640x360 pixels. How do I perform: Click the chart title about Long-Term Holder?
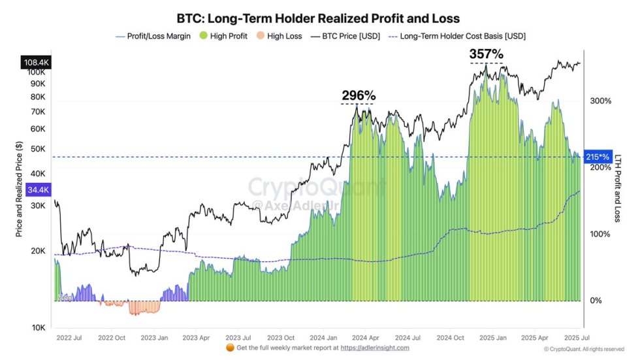tap(318, 18)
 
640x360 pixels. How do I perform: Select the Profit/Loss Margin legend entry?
tap(153, 36)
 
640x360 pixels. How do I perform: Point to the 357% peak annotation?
tap(487, 54)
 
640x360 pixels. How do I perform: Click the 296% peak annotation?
tap(357, 95)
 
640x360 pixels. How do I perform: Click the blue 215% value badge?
tap(598, 157)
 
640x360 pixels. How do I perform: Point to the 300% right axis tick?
tap(600, 101)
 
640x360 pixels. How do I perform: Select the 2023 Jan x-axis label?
tap(155, 338)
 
